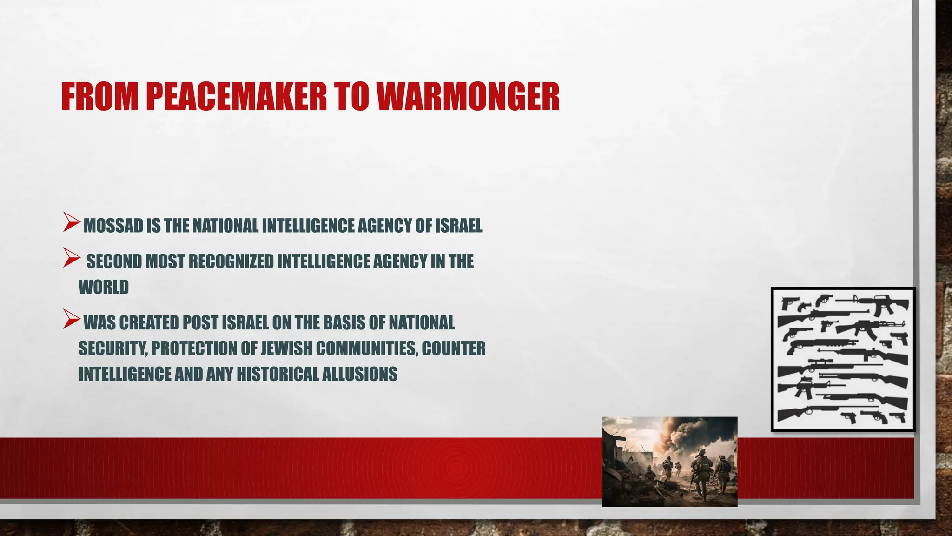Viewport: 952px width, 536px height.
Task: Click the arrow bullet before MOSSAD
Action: (72, 222)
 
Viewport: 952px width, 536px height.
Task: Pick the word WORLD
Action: (103, 287)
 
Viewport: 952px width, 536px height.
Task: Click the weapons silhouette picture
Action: (843, 359)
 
